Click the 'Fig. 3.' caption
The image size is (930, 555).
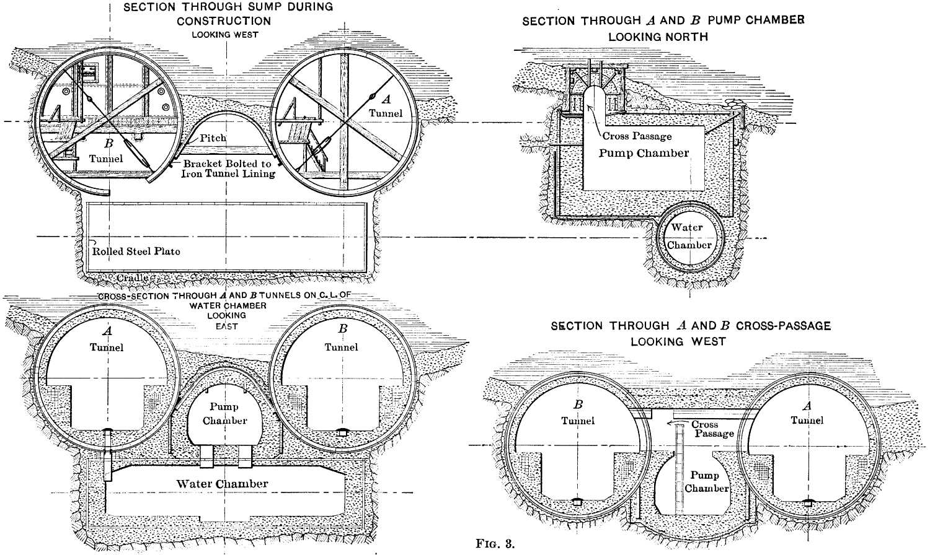[495, 544]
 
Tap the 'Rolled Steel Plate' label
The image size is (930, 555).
[136, 251]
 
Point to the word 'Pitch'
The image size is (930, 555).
[213, 138]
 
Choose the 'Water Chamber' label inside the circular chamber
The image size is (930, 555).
[688, 236]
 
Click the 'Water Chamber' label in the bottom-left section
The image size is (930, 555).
[222, 484]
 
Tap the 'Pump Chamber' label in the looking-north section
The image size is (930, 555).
[644, 153]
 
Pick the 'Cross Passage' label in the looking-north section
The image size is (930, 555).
[637, 136]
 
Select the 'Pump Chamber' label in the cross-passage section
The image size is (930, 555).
[706, 482]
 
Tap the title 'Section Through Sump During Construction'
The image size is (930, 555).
[228, 14]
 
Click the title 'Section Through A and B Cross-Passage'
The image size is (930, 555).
[691, 333]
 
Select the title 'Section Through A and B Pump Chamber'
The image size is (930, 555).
[663, 28]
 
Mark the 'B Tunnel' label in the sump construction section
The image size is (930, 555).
[107, 152]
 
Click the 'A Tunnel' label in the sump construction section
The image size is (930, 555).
[386, 106]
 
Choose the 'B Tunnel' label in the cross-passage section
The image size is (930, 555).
[578, 413]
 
